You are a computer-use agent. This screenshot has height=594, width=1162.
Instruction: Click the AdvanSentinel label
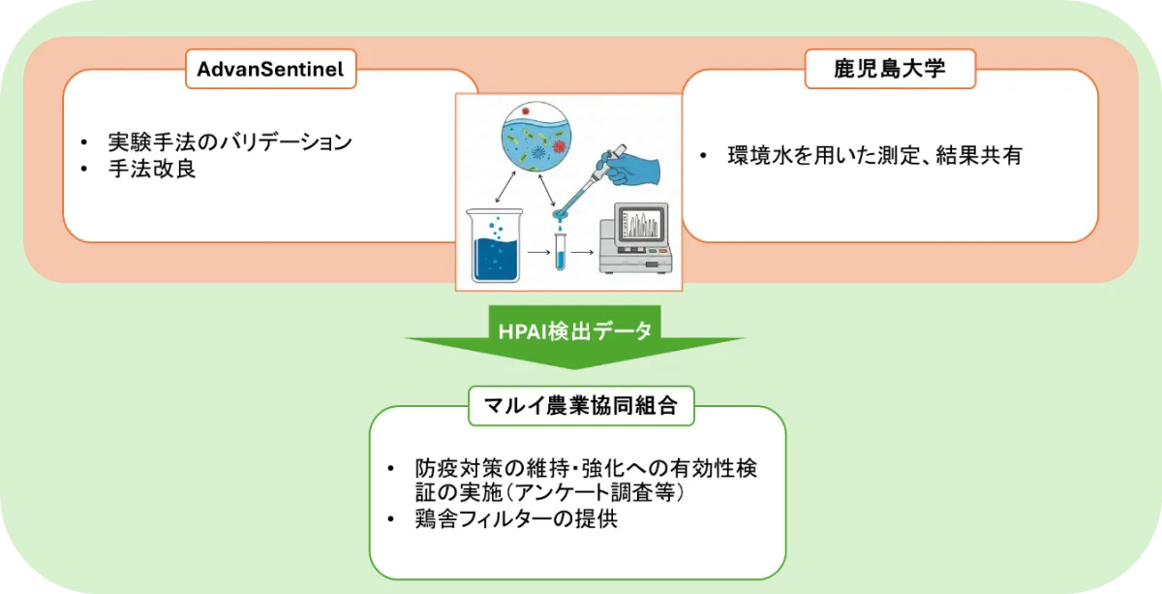270,69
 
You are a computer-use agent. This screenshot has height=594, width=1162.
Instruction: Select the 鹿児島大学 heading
890,69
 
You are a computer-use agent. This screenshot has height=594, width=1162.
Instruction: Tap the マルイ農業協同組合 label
581,405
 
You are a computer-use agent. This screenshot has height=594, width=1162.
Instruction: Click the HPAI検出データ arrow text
575,331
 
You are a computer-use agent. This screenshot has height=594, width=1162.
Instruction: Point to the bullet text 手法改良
152,169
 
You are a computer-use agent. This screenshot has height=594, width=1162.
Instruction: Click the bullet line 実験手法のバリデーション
229,141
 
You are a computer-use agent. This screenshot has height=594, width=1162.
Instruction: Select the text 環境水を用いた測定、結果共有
875,155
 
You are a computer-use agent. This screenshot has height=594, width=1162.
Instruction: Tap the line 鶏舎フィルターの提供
516,518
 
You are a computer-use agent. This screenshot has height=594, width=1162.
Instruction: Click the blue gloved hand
630,168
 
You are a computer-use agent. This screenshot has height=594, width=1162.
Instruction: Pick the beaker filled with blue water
495,245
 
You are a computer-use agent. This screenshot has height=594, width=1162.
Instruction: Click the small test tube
560,252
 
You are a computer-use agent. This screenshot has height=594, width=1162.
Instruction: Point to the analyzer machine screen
641,224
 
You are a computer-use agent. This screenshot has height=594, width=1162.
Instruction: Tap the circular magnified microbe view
536,137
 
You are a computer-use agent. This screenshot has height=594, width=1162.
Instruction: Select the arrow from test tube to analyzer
583,252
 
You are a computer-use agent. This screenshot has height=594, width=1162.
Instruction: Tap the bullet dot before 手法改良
84,170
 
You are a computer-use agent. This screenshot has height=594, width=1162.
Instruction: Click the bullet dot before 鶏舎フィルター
391,519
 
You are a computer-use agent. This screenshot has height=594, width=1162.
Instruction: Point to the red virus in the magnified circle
559,147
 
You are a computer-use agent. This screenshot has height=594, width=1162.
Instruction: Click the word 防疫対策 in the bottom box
459,468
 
